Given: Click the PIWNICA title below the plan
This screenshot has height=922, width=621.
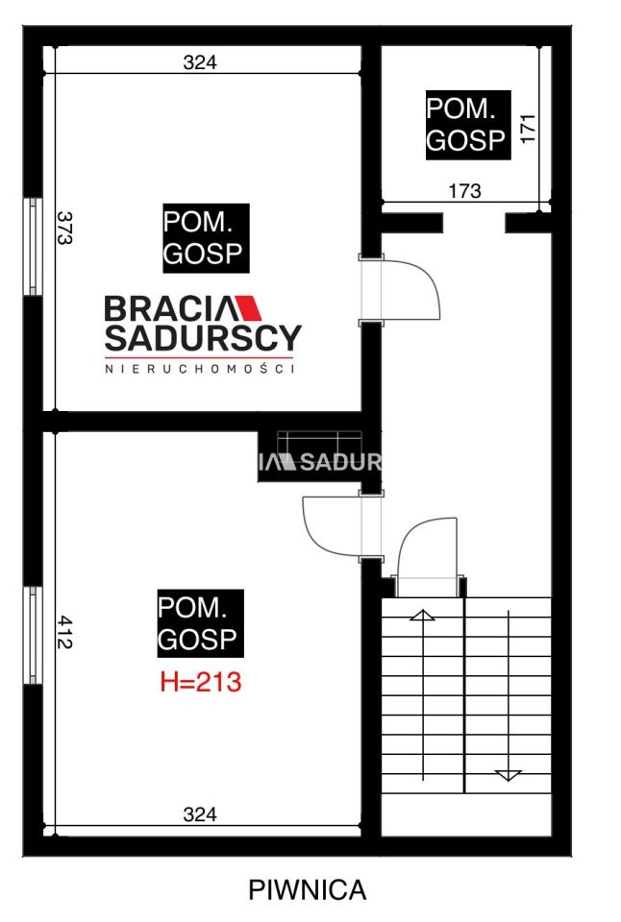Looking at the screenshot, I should click(308, 890).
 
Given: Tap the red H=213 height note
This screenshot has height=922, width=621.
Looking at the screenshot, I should click(200, 684).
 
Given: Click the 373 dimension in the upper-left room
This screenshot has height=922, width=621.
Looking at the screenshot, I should click(64, 230).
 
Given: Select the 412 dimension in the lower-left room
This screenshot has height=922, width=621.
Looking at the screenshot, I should click(64, 633).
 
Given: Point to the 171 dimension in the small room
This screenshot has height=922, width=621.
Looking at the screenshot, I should click(527, 129).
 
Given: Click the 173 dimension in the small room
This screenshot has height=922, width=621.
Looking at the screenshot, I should click(464, 191).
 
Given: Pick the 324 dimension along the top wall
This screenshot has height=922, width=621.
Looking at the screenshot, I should click(200, 62).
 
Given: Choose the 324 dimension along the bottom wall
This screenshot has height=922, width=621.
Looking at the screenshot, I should click(200, 815).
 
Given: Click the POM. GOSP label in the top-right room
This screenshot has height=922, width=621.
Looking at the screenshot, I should click(465, 124).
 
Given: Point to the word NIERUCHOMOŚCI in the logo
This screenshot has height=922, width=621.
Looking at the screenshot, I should click(199, 367).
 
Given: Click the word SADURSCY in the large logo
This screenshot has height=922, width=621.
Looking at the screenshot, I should click(202, 337).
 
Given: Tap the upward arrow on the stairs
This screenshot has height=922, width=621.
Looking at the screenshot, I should click(421, 615).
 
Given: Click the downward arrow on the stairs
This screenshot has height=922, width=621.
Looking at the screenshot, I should click(508, 773).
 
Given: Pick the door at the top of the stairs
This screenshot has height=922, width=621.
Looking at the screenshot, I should click(427, 549).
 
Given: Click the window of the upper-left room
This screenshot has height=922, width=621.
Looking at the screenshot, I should click(34, 247).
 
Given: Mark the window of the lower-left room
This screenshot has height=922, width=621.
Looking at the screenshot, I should click(34, 635).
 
